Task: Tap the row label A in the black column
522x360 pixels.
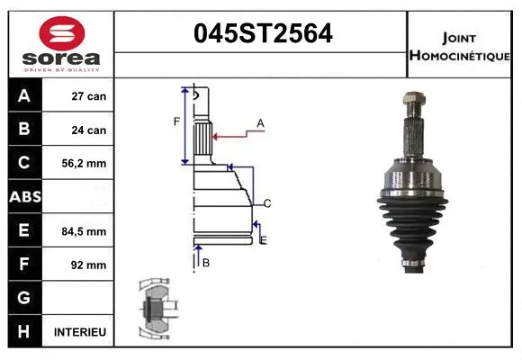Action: [x=23, y=96]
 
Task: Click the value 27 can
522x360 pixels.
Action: [x=89, y=96]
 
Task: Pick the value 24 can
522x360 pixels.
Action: [x=89, y=130]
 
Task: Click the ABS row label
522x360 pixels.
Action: [x=23, y=197]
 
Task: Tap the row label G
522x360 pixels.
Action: [x=23, y=298]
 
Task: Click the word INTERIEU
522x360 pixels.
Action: [x=80, y=332]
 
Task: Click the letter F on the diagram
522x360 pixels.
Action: [x=176, y=121]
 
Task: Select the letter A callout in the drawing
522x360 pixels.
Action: [x=260, y=122]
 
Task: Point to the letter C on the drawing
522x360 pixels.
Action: [x=267, y=202]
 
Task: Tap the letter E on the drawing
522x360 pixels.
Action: [x=263, y=239]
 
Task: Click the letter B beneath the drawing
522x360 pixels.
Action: [x=205, y=262]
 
